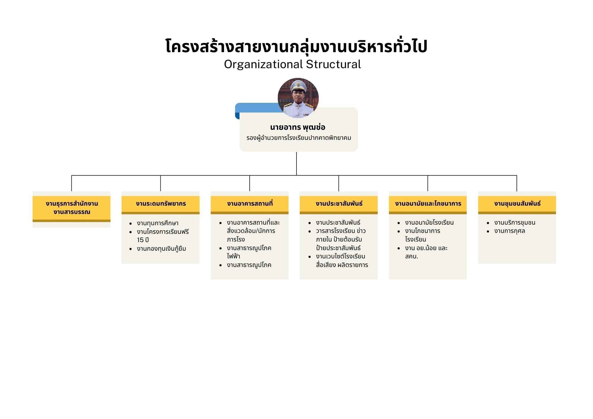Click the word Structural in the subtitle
pyautogui.click(x=333, y=64)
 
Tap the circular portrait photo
pyautogui.click(x=298, y=98)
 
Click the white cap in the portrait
pyautogui.click(x=298, y=85)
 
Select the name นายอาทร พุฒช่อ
pyautogui.click(x=298, y=127)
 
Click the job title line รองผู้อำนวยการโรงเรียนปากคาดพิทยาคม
pyautogui.click(x=299, y=138)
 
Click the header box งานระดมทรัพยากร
pyautogui.click(x=160, y=204)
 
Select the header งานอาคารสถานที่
pyautogui.click(x=250, y=204)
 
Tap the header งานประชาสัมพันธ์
pyautogui.click(x=339, y=204)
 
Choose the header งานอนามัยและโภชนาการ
pyautogui.click(x=428, y=204)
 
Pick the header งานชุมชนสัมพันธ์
pyautogui.click(x=517, y=204)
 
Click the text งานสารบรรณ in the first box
pyautogui.click(x=72, y=212)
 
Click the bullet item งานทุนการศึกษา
pyautogui.click(x=157, y=223)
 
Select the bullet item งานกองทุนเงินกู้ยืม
pyautogui.click(x=161, y=249)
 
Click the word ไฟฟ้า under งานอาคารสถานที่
pyautogui.click(x=233, y=256)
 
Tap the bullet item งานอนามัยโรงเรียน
pyautogui.click(x=429, y=223)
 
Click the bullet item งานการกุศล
pyautogui.click(x=509, y=231)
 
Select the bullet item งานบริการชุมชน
pyautogui.click(x=515, y=223)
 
